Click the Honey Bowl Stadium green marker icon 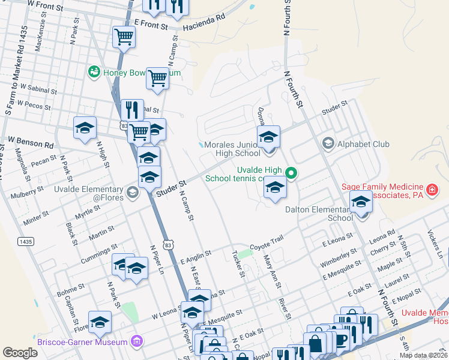(94, 73)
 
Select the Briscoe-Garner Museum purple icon (137, 342)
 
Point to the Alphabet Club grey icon (328, 143)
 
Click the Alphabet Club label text (363, 144)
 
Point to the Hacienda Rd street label (204, 17)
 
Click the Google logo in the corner (20, 353)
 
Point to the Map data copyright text (424, 355)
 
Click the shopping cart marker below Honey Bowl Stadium (157, 77)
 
